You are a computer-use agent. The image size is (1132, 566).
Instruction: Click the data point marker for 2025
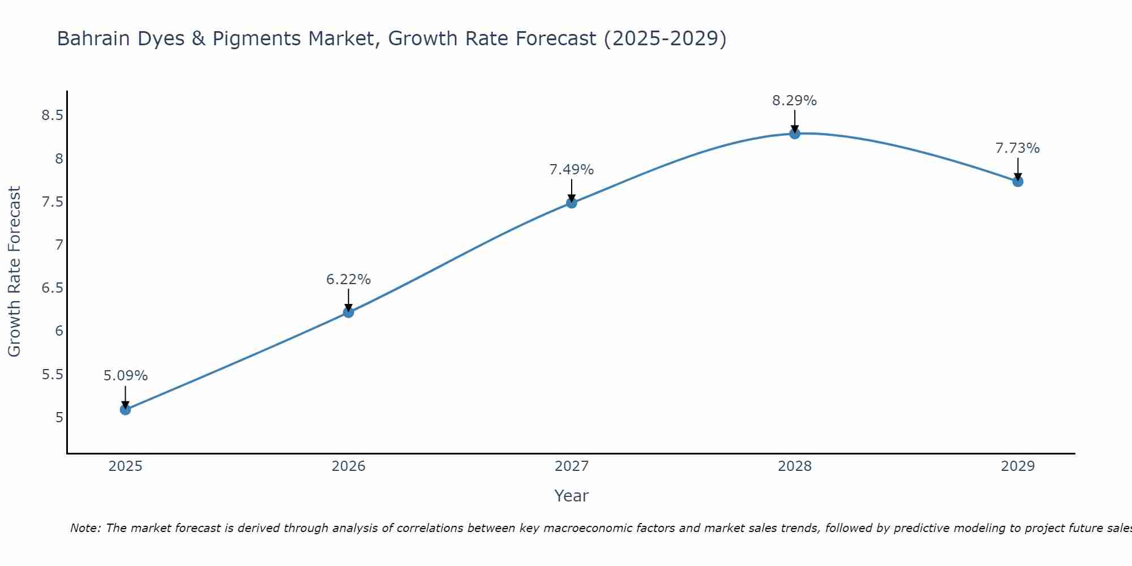point(125,409)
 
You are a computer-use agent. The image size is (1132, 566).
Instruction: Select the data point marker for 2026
point(348,312)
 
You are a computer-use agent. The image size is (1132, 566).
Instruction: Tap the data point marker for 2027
point(572,203)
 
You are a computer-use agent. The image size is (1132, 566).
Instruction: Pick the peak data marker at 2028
point(795,134)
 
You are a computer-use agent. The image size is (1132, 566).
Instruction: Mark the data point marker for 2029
point(1018,182)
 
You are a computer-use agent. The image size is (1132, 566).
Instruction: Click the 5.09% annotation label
point(125,376)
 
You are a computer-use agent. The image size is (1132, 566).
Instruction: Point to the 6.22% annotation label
point(348,279)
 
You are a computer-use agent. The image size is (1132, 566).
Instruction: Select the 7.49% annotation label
point(572,169)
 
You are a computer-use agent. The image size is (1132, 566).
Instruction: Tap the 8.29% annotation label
point(795,101)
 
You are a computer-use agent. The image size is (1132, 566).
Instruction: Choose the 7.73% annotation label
point(1018,148)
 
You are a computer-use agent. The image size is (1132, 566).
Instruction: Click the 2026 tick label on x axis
point(348,466)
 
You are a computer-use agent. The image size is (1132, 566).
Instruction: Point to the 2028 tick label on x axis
point(795,466)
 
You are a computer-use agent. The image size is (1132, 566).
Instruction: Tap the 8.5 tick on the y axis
point(52,115)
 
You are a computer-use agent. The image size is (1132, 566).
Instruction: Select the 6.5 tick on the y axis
point(52,288)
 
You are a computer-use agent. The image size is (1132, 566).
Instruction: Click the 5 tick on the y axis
point(59,418)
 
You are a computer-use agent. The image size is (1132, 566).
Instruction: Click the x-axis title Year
point(571,496)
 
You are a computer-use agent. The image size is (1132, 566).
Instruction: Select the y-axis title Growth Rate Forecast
point(14,271)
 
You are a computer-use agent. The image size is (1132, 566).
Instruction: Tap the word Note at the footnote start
point(84,528)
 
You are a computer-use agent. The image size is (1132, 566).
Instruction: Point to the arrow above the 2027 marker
point(572,190)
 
